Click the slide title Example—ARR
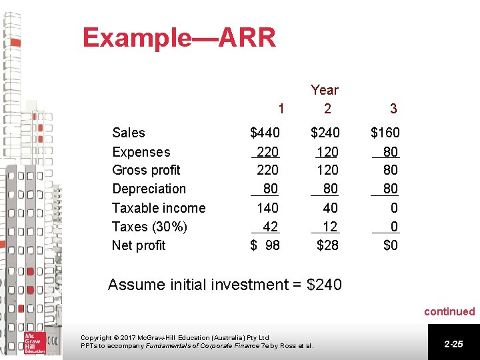click(179, 38)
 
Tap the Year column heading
click(325, 90)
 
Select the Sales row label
click(129, 133)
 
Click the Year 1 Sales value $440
click(265, 133)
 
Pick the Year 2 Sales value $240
click(325, 133)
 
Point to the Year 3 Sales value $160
click(385, 133)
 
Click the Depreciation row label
click(149, 189)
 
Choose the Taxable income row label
click(159, 208)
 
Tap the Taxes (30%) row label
click(149, 227)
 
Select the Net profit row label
click(139, 245)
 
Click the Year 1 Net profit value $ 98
click(265, 245)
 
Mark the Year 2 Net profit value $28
click(327, 245)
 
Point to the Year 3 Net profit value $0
click(391, 245)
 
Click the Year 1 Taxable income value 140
click(267, 208)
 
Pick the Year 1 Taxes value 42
click(270, 227)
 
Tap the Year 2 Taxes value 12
click(330, 227)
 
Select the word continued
click(449, 311)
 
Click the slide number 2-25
click(453, 343)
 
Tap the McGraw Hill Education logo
click(34, 342)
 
